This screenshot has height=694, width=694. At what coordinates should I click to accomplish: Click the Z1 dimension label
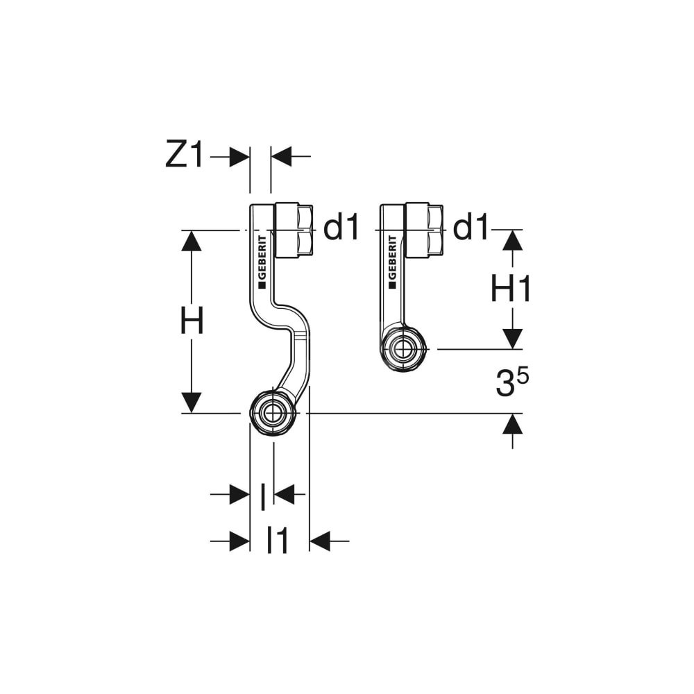185,155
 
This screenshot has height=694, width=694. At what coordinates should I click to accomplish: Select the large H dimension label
192,322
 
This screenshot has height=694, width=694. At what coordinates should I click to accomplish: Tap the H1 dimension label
511,289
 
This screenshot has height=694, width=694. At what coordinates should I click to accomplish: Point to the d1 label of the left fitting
342,228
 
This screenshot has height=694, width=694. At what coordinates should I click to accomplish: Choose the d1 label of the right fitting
471,228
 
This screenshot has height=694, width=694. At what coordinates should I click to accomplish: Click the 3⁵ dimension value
512,384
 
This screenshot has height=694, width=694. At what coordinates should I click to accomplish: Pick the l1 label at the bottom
278,541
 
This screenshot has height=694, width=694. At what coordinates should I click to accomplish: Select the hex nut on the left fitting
294,230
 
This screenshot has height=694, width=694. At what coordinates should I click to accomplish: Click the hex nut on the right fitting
424,230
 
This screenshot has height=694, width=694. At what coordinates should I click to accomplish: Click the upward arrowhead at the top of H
192,242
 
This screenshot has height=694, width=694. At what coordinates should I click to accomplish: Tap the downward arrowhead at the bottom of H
192,403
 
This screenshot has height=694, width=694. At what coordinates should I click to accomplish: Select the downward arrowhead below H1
512,339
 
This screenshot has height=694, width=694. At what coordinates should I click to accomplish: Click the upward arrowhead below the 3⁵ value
512,424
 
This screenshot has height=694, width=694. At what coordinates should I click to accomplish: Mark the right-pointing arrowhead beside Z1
239,157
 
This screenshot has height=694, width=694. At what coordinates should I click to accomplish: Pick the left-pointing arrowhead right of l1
319,541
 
